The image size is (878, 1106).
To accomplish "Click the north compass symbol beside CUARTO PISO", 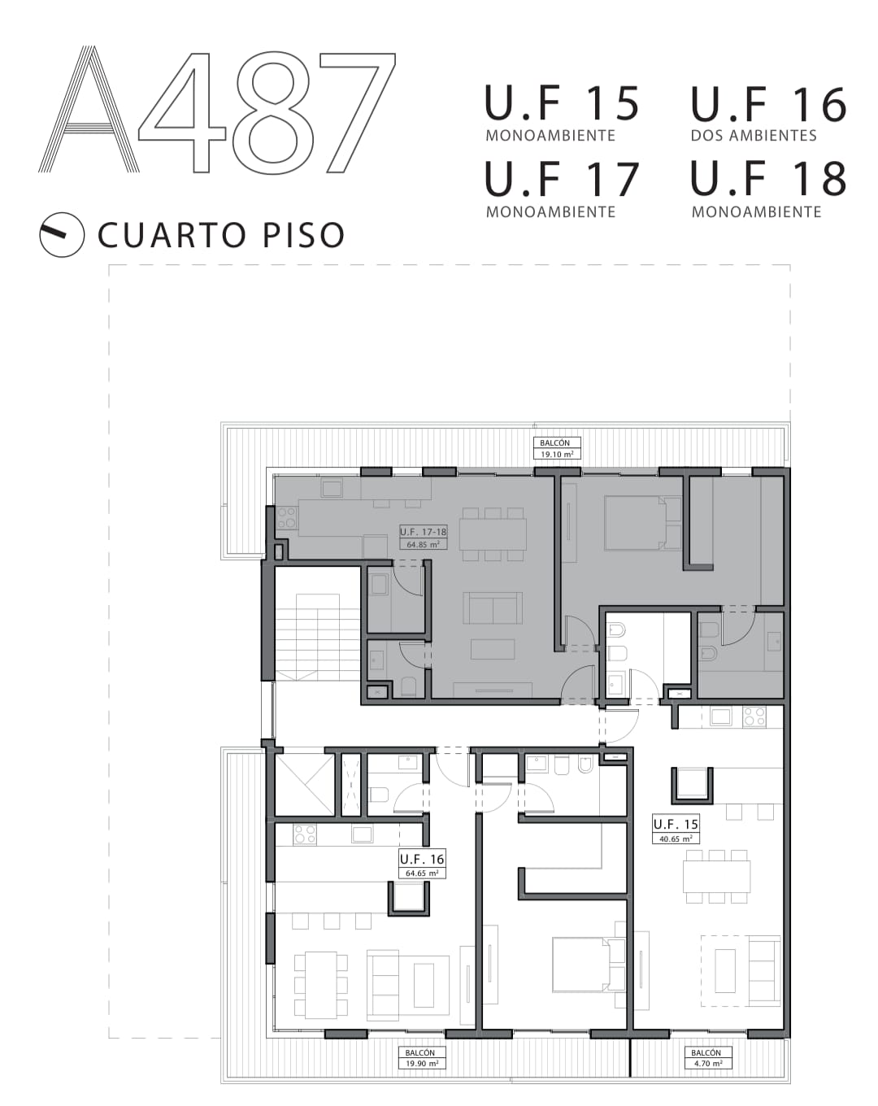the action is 62,234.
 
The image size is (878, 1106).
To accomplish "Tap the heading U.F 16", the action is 767,104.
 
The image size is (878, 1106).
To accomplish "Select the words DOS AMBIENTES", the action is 753,136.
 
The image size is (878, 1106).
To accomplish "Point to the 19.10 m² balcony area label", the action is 556,455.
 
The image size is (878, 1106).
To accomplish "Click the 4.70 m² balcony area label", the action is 708,1064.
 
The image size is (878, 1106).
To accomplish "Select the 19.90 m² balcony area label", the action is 422,1064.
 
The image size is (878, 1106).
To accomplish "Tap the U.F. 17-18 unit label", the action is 423,531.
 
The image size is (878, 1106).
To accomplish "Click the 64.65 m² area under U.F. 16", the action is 422,873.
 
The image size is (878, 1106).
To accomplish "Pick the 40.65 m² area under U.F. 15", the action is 676,838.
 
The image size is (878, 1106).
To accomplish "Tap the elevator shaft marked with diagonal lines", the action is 305,784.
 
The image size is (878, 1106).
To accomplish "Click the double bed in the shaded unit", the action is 643,522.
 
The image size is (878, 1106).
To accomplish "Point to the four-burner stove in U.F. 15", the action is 754,716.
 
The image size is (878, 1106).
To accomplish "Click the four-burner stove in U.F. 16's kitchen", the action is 305,834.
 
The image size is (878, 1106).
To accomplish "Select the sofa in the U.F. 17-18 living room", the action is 492,608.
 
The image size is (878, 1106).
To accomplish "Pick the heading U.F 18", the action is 767,178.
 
